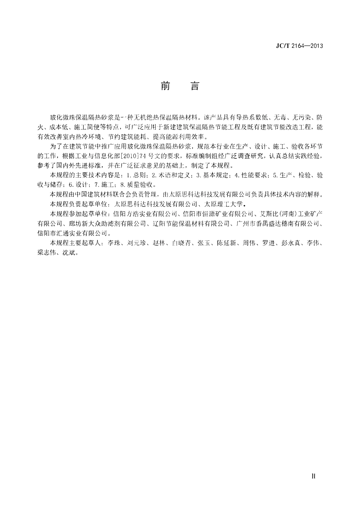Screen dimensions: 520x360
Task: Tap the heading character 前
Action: coord(165,86)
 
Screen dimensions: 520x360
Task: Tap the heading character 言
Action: coord(194,86)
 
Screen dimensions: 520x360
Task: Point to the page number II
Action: coord(313,476)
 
